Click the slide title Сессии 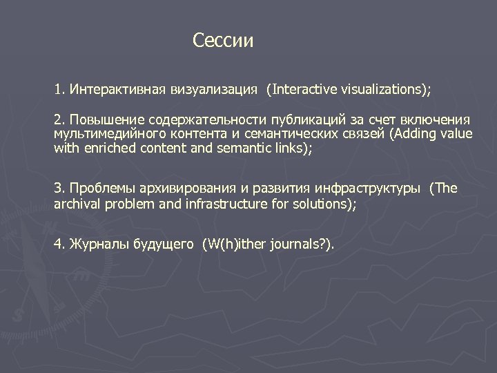pos(224,41)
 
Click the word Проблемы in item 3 pos(99,189)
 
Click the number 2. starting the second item pos(59,121)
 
